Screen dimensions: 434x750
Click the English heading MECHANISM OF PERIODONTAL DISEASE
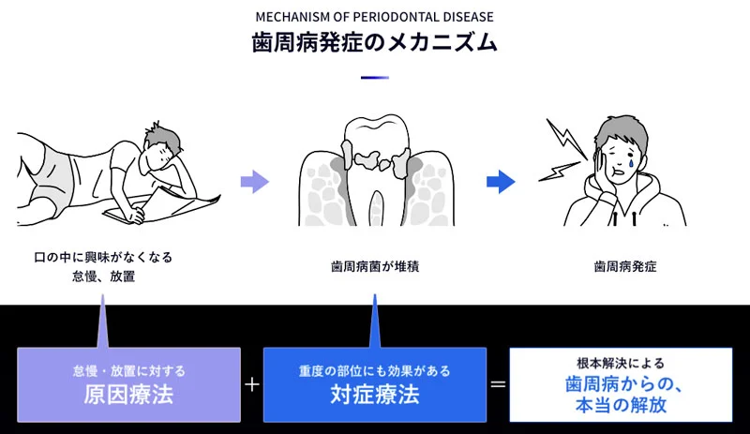pyautogui.click(x=374, y=16)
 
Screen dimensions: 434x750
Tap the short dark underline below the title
pyautogui.click(x=374, y=78)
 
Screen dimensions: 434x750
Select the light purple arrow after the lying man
pyautogui.click(x=254, y=181)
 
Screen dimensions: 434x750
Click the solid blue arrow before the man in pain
pyautogui.click(x=501, y=181)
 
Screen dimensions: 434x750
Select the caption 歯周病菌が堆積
pyautogui.click(x=374, y=266)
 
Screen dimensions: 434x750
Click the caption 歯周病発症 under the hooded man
pyautogui.click(x=625, y=266)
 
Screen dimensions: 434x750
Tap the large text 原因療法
pyautogui.click(x=128, y=395)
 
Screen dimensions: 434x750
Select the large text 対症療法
pyautogui.click(x=374, y=395)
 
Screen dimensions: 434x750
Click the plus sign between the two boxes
pyautogui.click(x=251, y=384)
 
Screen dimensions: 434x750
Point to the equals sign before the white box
pyautogui.click(x=498, y=384)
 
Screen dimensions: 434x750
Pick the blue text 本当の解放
pyautogui.click(x=620, y=406)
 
